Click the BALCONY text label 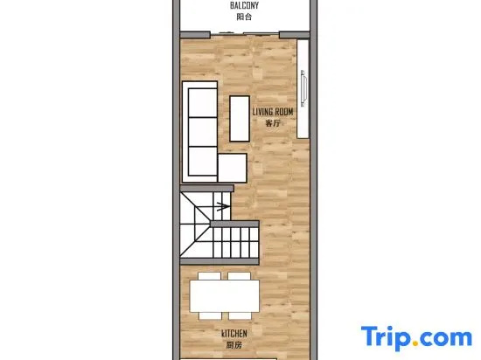pos(244,5)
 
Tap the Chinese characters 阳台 pos(244,17)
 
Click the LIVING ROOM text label pos(273,112)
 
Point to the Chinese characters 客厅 pos(273,123)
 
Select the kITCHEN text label pos(234,333)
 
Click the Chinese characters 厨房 pos(234,345)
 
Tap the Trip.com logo pos(416,337)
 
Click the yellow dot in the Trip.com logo pos(415,343)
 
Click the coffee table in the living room pos(240,119)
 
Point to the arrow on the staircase pos(223,206)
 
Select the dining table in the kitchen pos(225,296)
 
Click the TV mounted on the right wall pos(303,88)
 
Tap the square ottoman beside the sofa pos(233,168)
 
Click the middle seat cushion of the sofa pos(203,132)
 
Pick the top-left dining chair pos(210,276)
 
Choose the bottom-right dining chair pos(240,316)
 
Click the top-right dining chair pos(240,276)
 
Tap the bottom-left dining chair pos(211,316)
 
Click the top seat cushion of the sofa pos(203,102)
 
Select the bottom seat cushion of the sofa pos(203,161)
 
